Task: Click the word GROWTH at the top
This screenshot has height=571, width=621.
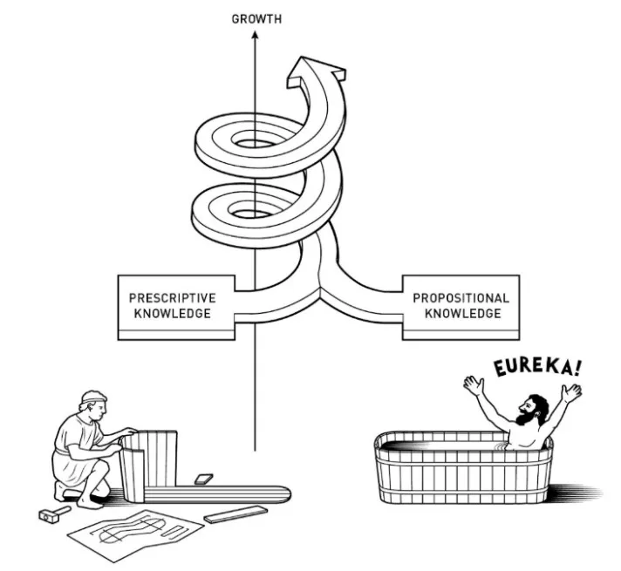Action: (x=256, y=18)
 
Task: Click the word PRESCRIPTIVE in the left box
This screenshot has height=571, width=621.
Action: (x=172, y=298)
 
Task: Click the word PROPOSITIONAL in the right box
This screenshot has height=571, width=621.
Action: (x=461, y=298)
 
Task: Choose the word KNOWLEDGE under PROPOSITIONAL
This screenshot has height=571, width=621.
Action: (x=461, y=314)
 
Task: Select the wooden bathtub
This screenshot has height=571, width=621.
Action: (x=462, y=471)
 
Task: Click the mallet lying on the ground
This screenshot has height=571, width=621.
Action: (x=54, y=514)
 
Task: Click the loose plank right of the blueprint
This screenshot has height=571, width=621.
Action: (x=235, y=516)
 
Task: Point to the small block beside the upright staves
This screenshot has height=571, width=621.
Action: (x=202, y=479)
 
